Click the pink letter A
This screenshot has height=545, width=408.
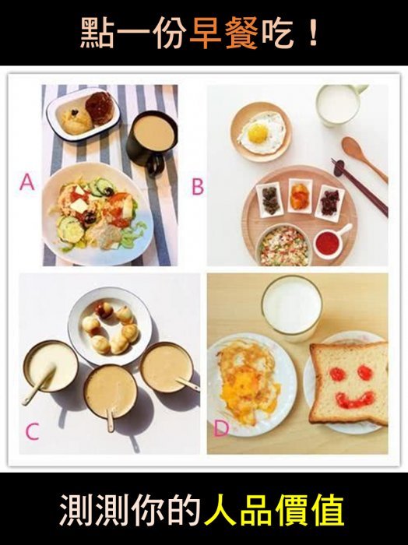[x=27, y=182]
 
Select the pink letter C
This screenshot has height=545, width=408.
[x=33, y=431]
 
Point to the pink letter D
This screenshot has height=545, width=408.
[x=221, y=428]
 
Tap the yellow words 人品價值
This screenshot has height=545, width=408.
[x=274, y=511]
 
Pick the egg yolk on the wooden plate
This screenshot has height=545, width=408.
[x=258, y=133]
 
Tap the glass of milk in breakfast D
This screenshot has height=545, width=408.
[x=292, y=308]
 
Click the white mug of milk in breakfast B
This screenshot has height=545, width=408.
[x=340, y=105]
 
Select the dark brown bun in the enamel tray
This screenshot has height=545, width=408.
[x=100, y=108]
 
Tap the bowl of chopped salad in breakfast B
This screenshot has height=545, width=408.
[x=284, y=244]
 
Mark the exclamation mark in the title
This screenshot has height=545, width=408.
[x=314, y=33]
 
